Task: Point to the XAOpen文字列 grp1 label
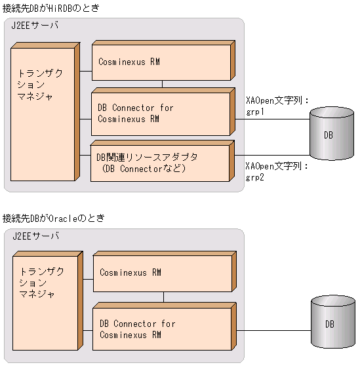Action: [276, 106]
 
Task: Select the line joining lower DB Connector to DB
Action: [272, 324]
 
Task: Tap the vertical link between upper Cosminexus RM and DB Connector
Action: [162, 84]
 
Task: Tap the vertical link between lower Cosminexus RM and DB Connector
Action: [163, 297]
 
